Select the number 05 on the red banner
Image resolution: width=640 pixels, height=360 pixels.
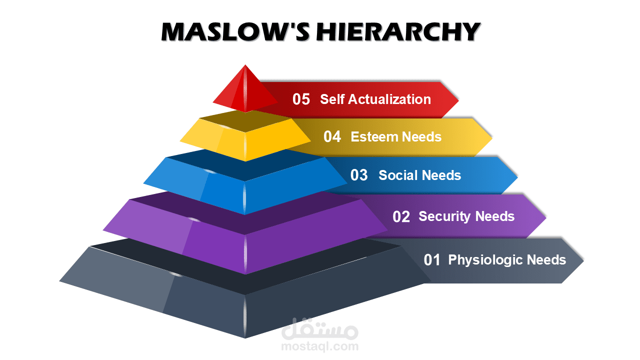[301, 99]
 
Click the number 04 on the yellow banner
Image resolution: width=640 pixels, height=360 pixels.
[332, 136]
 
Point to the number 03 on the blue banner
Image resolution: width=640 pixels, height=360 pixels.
[359, 175]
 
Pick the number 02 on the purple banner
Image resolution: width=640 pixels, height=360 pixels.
[401, 216]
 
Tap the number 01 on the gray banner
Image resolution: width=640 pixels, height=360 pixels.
[432, 260]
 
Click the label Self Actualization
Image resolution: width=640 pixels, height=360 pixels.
[375, 99]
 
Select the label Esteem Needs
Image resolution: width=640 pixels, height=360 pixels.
[396, 136]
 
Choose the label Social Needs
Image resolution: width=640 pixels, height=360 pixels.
[420, 175]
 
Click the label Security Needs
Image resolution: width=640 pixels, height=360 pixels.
[466, 216]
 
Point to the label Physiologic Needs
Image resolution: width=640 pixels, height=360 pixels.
[507, 260]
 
